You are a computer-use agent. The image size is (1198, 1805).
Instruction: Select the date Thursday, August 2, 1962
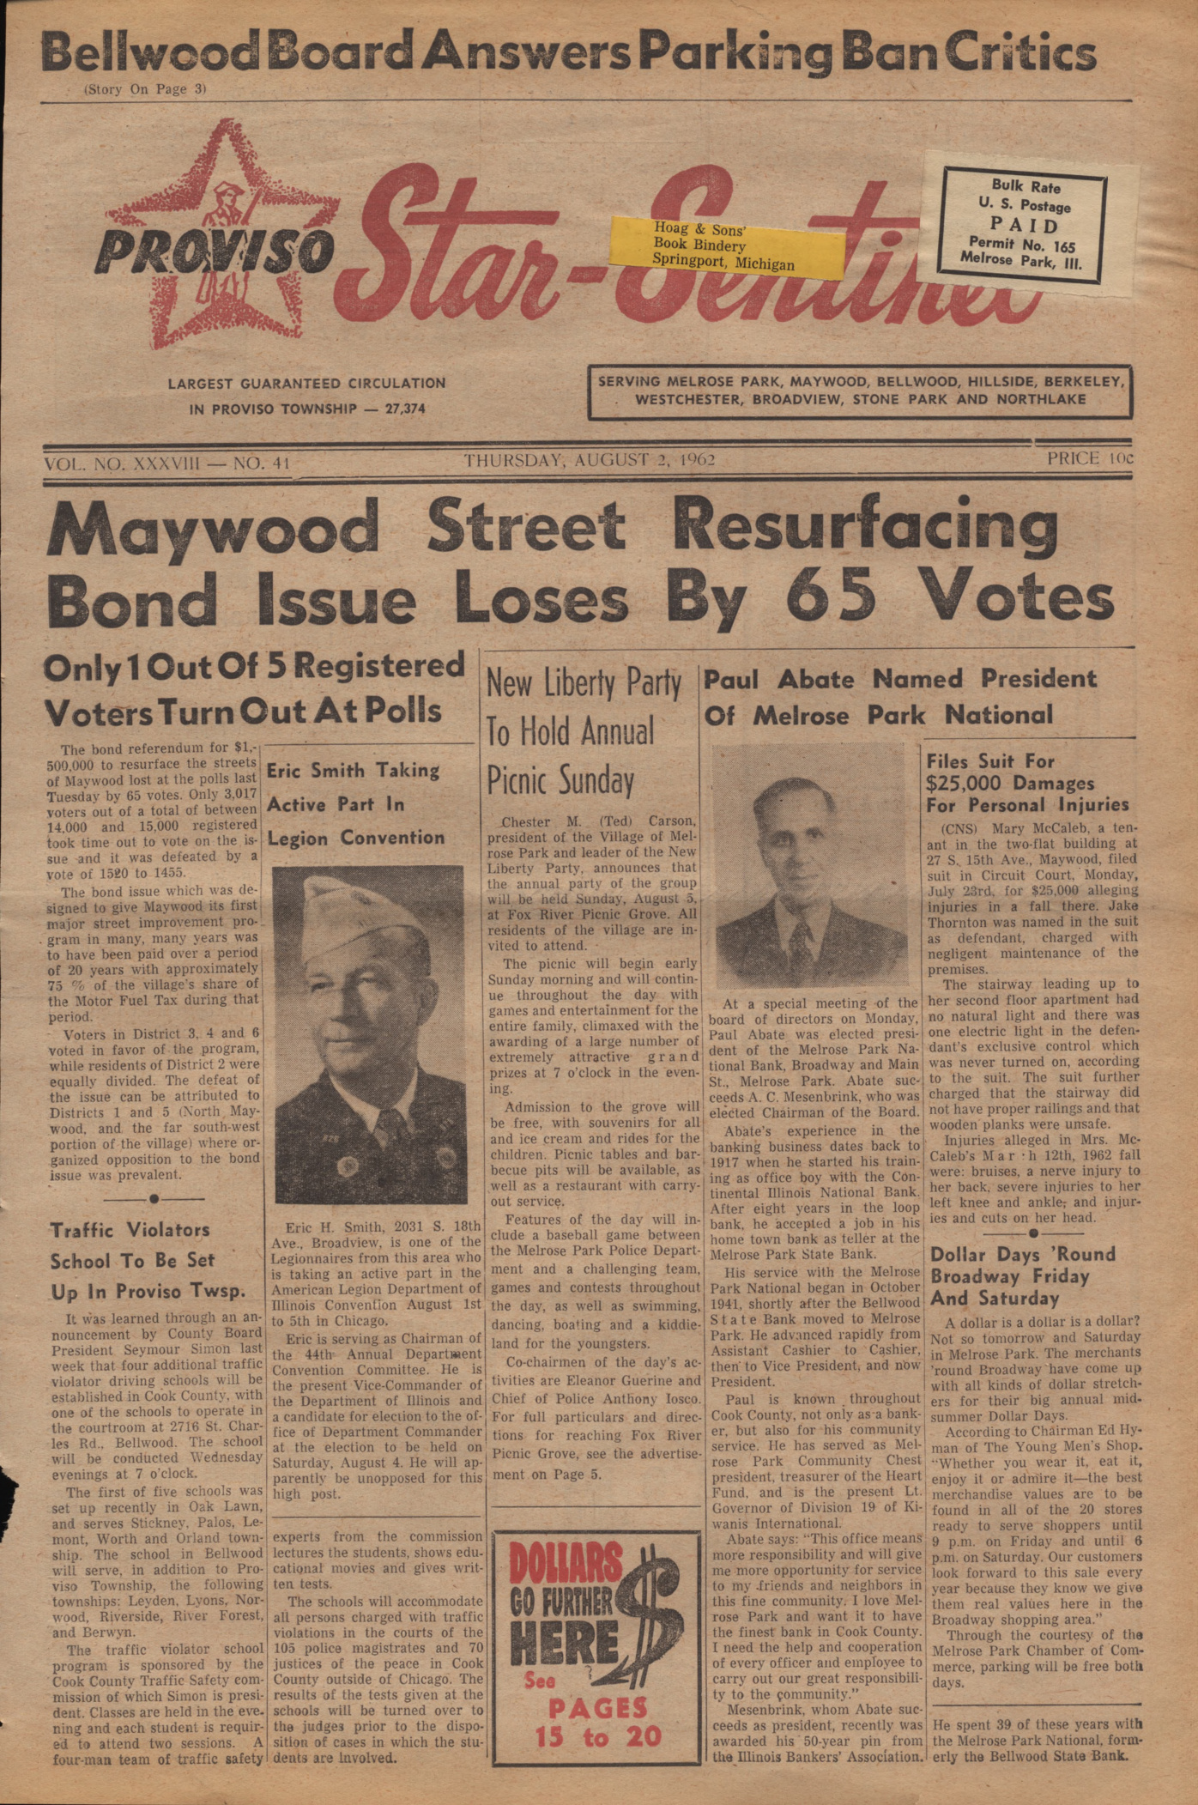click(590, 461)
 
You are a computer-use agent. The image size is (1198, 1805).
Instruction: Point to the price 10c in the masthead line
click(1089, 459)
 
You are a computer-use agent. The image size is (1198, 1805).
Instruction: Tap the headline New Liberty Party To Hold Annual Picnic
click(584, 731)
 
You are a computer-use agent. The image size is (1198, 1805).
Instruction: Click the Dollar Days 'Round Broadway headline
click(1022, 1275)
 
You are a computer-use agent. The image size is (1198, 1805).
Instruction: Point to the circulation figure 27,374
click(405, 409)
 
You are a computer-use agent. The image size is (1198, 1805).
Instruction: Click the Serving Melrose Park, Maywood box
click(859, 391)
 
